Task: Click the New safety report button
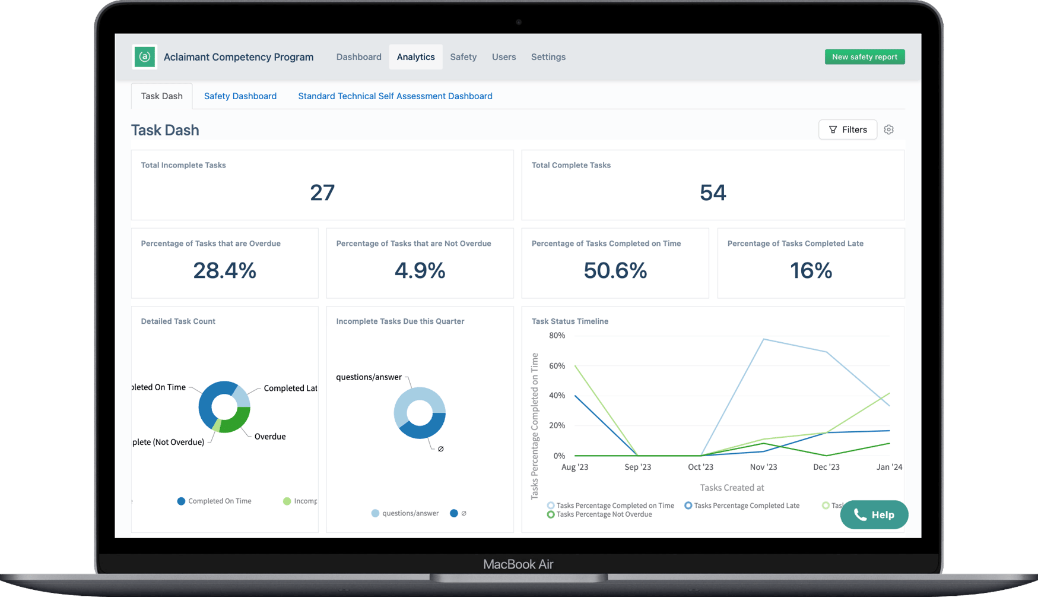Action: tap(864, 57)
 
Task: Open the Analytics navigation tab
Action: tap(415, 57)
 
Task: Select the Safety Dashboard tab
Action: tap(240, 96)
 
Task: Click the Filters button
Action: tap(847, 129)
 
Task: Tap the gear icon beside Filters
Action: tap(888, 129)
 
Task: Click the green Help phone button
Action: tap(874, 514)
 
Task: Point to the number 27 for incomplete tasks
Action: tap(322, 192)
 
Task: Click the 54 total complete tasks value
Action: tap(712, 192)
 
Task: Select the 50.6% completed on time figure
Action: tap(615, 271)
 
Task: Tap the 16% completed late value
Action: tap(811, 271)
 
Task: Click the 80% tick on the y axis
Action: tap(557, 336)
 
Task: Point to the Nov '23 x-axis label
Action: tap(763, 467)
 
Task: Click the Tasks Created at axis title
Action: tap(732, 488)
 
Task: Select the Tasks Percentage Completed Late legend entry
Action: tap(746, 506)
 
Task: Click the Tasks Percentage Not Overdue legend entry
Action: tap(604, 514)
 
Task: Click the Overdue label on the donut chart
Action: tap(270, 437)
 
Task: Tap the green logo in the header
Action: tap(145, 57)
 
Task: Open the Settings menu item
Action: tap(548, 57)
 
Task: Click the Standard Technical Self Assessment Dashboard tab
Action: tap(395, 96)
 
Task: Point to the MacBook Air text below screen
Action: tap(518, 564)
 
